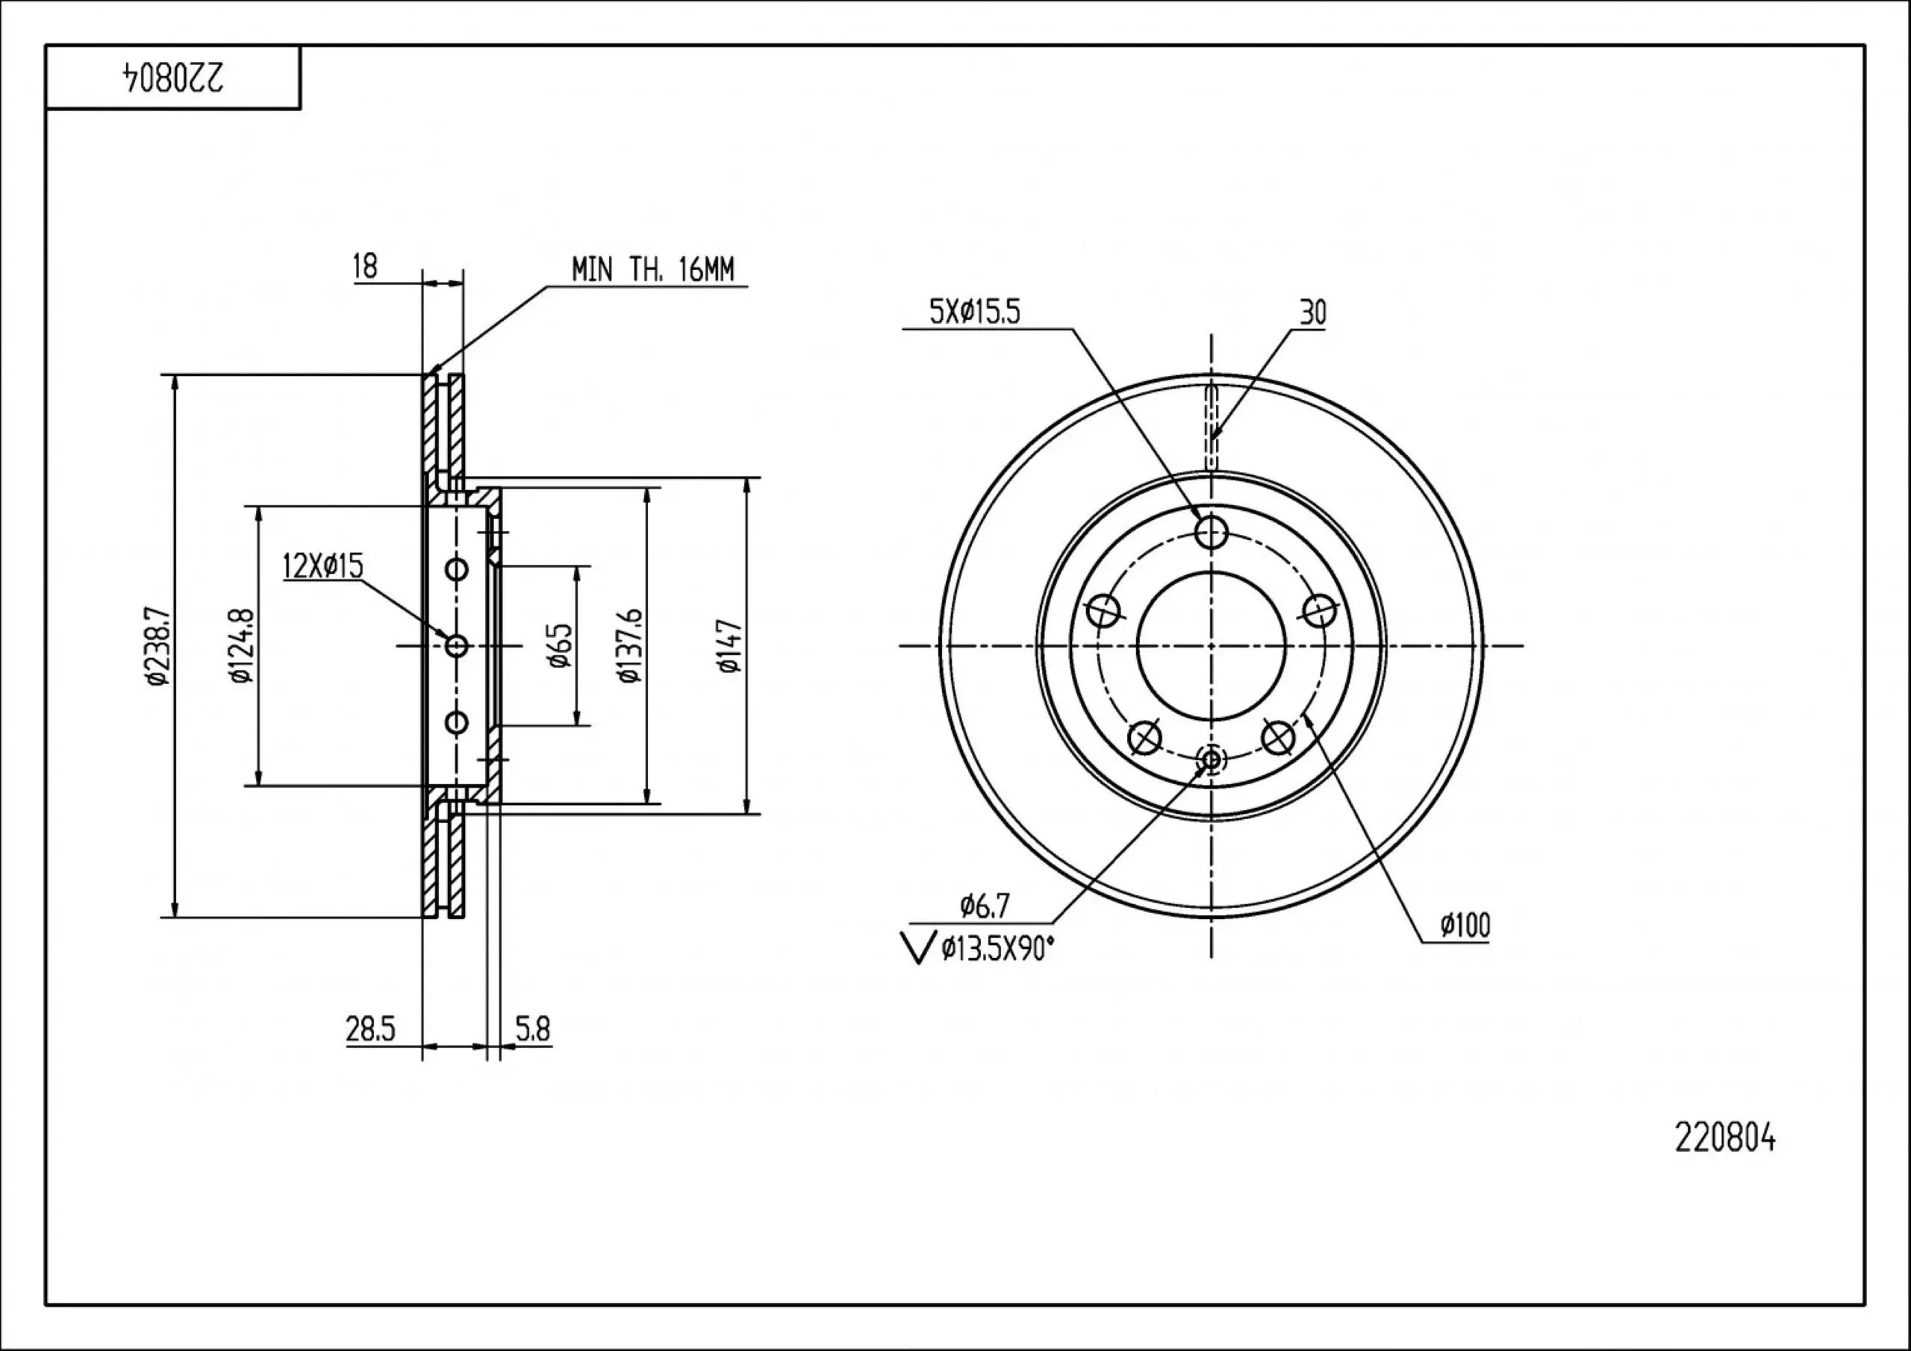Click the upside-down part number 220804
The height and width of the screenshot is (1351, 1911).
[x=174, y=78]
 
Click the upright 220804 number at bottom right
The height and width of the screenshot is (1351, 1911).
[x=1724, y=1138]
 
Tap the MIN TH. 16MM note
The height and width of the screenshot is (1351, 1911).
[x=652, y=269]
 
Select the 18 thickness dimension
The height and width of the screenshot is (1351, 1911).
[x=365, y=266]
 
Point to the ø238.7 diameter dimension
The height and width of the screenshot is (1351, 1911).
[x=158, y=646]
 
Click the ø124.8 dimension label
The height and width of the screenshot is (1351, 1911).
[x=242, y=646]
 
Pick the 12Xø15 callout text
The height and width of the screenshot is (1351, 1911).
[x=323, y=565]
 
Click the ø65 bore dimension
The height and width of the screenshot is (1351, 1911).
[x=559, y=645]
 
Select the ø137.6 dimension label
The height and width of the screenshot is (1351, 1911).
[x=630, y=645]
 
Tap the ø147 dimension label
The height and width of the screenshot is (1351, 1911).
[x=729, y=645]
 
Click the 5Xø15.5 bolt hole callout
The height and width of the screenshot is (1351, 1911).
[x=975, y=312]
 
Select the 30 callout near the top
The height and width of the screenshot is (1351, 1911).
[x=1312, y=313]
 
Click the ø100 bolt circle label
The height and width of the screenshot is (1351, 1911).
[x=1465, y=925]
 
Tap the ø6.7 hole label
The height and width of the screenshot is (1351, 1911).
[x=985, y=905]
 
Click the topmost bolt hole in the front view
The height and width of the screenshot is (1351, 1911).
[x=1211, y=530]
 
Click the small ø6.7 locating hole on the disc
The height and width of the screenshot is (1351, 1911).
[x=1211, y=759]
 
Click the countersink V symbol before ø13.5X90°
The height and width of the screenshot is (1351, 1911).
[x=919, y=948]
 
